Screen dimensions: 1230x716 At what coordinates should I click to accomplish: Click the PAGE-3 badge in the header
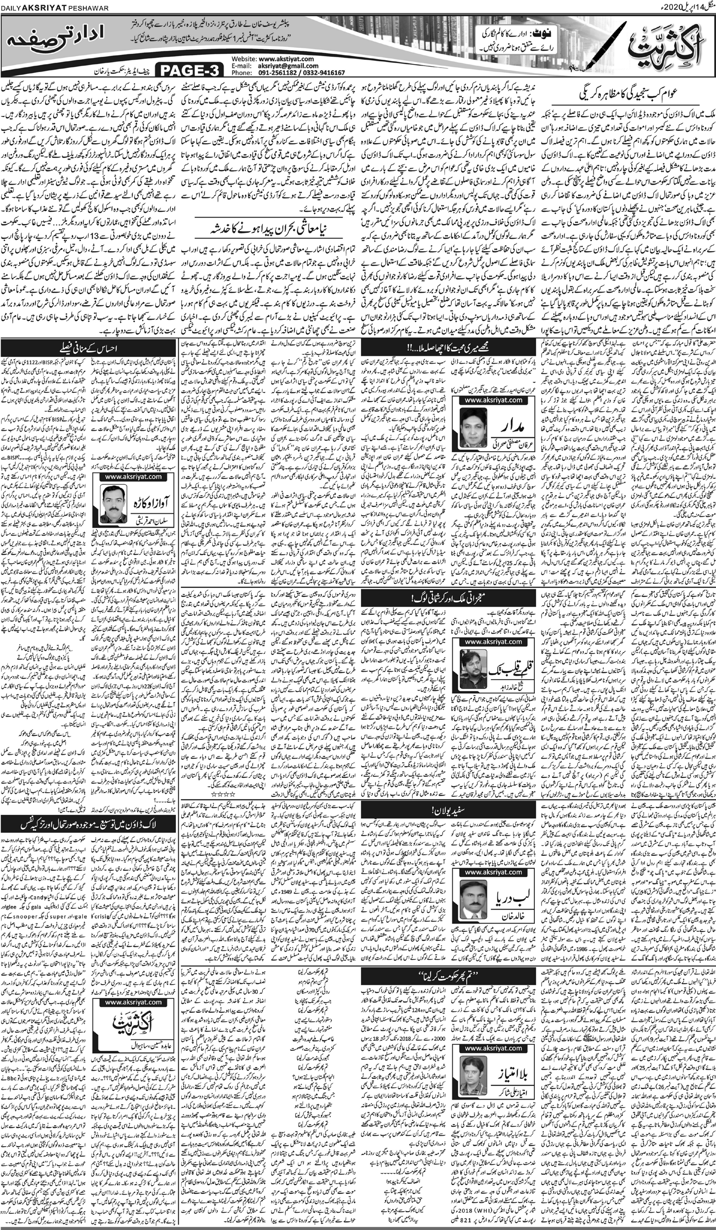click(190, 71)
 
